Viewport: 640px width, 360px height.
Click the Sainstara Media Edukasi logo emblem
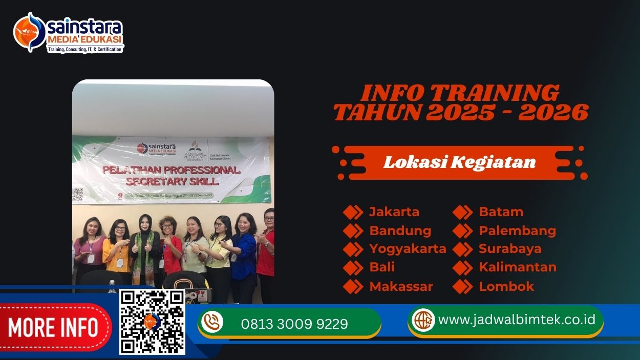[30, 32]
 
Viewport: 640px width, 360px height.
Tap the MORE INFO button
[53, 327]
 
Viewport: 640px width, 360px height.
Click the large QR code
[152, 322]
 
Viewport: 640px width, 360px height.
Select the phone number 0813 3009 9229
[294, 324]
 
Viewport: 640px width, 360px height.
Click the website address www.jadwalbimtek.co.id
[517, 320]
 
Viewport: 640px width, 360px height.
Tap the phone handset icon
[212, 322]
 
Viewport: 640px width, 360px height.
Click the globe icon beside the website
[423, 320]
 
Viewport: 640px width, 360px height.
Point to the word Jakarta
[394, 212]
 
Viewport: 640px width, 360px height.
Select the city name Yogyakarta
[408, 249]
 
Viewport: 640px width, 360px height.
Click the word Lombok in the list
[506, 286]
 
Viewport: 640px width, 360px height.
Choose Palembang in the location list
[517, 230]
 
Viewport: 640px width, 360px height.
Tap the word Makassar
[401, 286]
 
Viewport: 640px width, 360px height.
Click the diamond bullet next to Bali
[353, 267]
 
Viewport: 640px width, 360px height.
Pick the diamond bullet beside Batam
[462, 212]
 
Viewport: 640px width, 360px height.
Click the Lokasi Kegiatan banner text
[459, 162]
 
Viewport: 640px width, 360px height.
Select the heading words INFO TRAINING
[460, 93]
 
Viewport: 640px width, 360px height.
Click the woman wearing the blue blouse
[245, 251]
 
